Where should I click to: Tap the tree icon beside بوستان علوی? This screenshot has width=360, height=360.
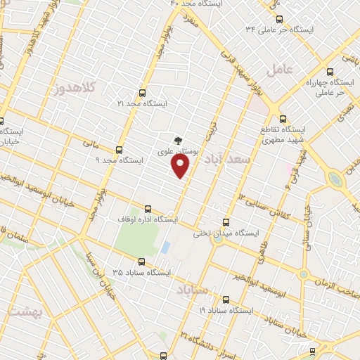[176, 139]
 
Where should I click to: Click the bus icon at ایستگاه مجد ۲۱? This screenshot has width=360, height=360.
[143, 93]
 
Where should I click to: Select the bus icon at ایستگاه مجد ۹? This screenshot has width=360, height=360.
[119, 150]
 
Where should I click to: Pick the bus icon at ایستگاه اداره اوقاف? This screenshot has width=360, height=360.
[148, 209]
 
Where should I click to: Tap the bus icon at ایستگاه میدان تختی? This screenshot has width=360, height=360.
[225, 222]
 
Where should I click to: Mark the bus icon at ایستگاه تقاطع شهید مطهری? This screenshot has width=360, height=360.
[283, 119]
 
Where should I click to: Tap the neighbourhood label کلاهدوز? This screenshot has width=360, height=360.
[73, 89]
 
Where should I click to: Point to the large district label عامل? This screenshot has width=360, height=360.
[279, 70]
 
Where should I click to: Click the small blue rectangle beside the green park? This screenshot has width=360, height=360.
[165, 247]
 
